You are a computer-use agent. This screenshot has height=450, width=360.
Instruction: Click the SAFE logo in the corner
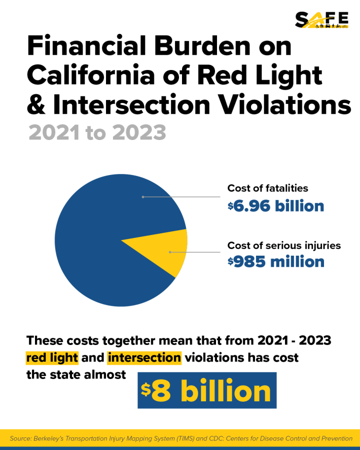pos(321,19)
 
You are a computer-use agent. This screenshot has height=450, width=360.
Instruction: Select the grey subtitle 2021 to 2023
pos(97,132)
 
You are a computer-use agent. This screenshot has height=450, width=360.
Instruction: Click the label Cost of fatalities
pos(267,188)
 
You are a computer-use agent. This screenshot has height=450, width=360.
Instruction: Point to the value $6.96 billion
pos(275,206)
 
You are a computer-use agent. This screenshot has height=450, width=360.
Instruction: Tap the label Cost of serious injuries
pos(284,246)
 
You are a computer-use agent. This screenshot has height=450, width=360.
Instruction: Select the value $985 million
pos(275,262)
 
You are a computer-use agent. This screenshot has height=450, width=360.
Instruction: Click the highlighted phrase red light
pos(52,358)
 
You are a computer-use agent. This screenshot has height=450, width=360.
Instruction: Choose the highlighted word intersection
pos(144,358)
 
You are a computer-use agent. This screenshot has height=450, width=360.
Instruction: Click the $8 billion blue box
pos(207,391)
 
